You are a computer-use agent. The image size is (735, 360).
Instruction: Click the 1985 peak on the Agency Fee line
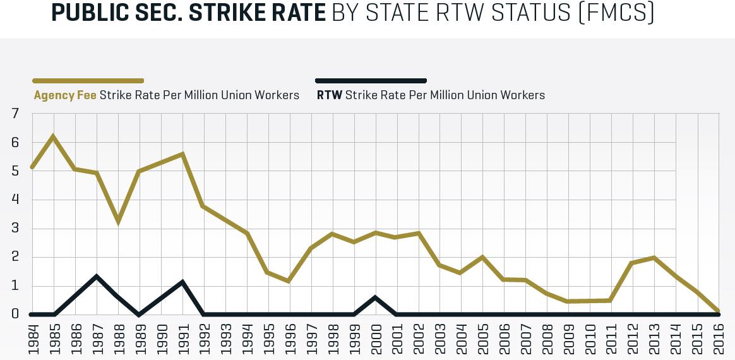54,136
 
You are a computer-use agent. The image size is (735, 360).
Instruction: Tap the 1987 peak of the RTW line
97,276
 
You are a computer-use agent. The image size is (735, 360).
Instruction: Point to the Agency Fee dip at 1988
118,220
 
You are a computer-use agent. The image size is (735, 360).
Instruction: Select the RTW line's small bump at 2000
375,297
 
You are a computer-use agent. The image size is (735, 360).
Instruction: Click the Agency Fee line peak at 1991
182,154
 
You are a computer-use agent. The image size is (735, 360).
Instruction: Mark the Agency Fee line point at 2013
654,258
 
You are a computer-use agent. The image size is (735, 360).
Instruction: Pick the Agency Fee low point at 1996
289,280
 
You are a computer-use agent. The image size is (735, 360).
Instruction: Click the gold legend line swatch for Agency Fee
88,81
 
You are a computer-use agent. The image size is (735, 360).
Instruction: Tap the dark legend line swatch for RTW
371,81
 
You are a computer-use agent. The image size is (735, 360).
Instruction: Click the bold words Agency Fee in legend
65,95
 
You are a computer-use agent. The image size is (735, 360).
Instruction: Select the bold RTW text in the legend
329,95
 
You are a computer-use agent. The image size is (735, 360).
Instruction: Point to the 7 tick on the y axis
15,114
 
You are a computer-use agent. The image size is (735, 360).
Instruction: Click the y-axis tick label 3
15,229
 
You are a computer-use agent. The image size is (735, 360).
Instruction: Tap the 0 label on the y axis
15,315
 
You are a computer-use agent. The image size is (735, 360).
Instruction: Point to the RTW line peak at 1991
182,282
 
